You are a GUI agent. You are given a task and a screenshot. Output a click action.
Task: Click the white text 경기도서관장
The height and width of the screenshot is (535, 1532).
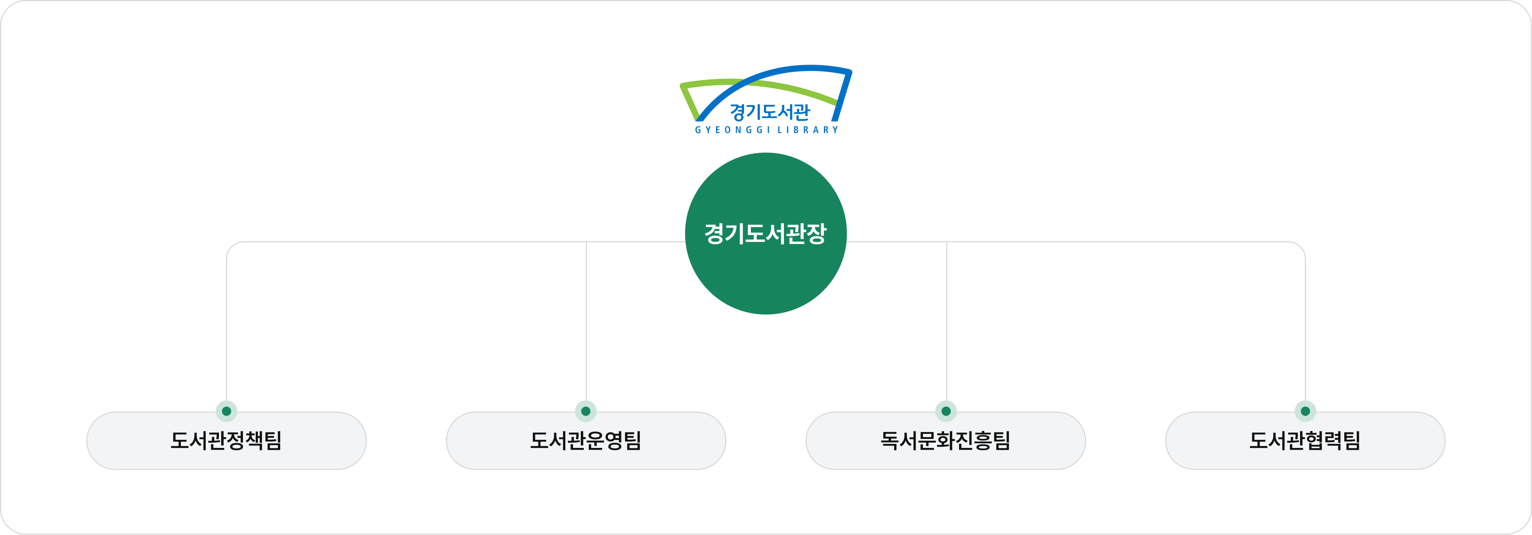(765, 233)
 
